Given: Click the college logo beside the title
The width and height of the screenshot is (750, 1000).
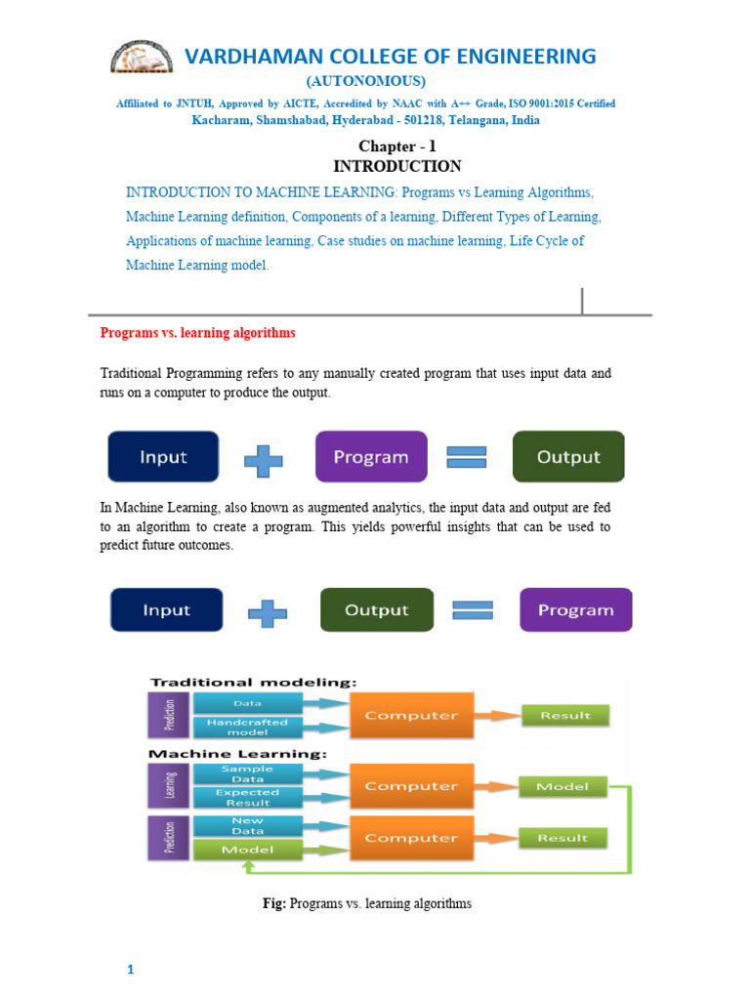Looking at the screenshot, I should tap(142, 58).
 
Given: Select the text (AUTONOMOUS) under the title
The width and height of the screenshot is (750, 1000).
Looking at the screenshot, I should tap(366, 80).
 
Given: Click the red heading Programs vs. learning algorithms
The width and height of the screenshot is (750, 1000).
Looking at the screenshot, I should tap(197, 333).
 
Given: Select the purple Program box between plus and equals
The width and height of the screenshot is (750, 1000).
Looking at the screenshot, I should tap(371, 457).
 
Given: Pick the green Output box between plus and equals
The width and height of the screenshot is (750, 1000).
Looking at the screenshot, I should tap(376, 610).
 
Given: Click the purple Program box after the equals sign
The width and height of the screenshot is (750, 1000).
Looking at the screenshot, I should tap(575, 610).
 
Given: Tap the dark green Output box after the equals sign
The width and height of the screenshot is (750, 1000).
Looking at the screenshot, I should tap(568, 457).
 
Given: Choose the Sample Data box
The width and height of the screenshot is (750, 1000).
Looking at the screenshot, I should tap(247, 774).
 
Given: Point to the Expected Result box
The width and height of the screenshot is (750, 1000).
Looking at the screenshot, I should tap(247, 798).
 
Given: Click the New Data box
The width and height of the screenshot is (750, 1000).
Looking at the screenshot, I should tap(247, 826).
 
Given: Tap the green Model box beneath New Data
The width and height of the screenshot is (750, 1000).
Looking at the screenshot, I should tap(247, 850).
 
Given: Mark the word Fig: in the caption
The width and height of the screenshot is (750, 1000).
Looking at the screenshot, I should tap(273, 904).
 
